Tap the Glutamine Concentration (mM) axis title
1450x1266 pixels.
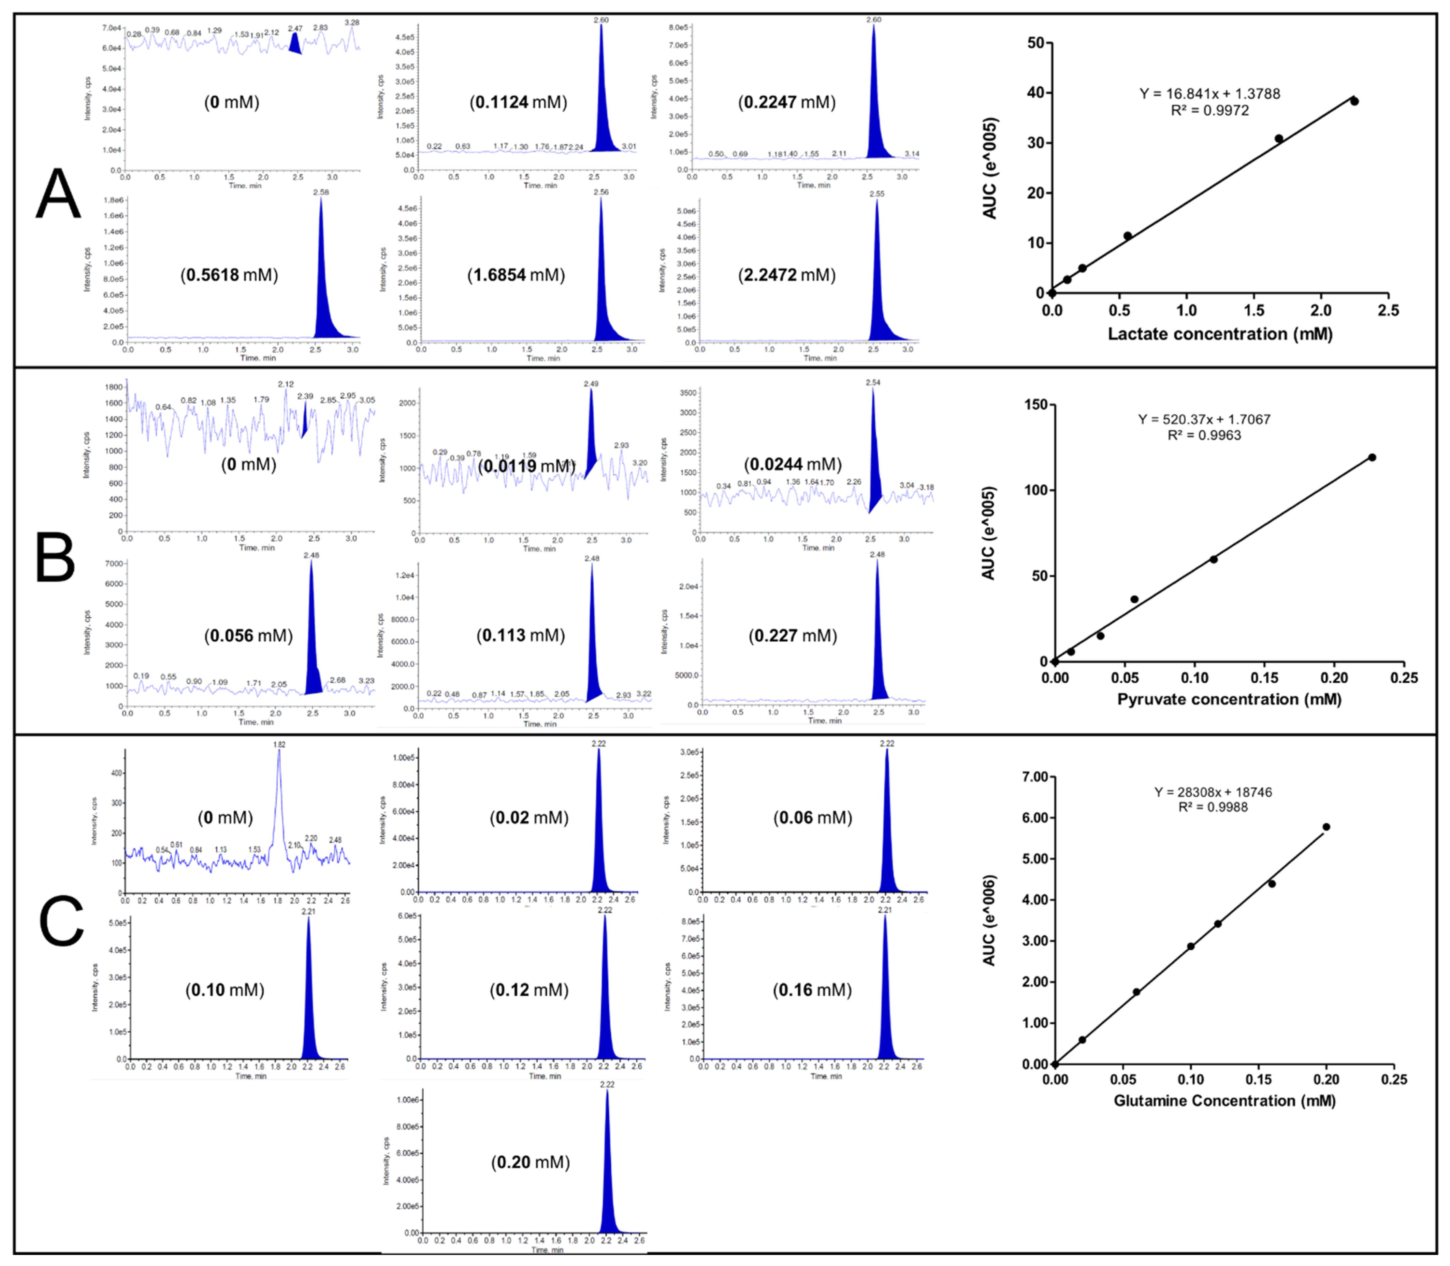coord(1224,1101)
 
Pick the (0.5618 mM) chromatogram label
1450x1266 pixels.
coord(230,275)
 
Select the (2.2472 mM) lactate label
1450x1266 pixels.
coord(787,275)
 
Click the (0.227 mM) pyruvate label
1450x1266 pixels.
coord(793,636)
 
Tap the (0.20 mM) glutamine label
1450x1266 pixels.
coord(531,1162)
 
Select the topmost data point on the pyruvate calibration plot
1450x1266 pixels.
coord(1372,457)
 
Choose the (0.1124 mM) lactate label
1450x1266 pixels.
coord(518,102)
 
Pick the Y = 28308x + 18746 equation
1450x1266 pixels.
coord(1213,792)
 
